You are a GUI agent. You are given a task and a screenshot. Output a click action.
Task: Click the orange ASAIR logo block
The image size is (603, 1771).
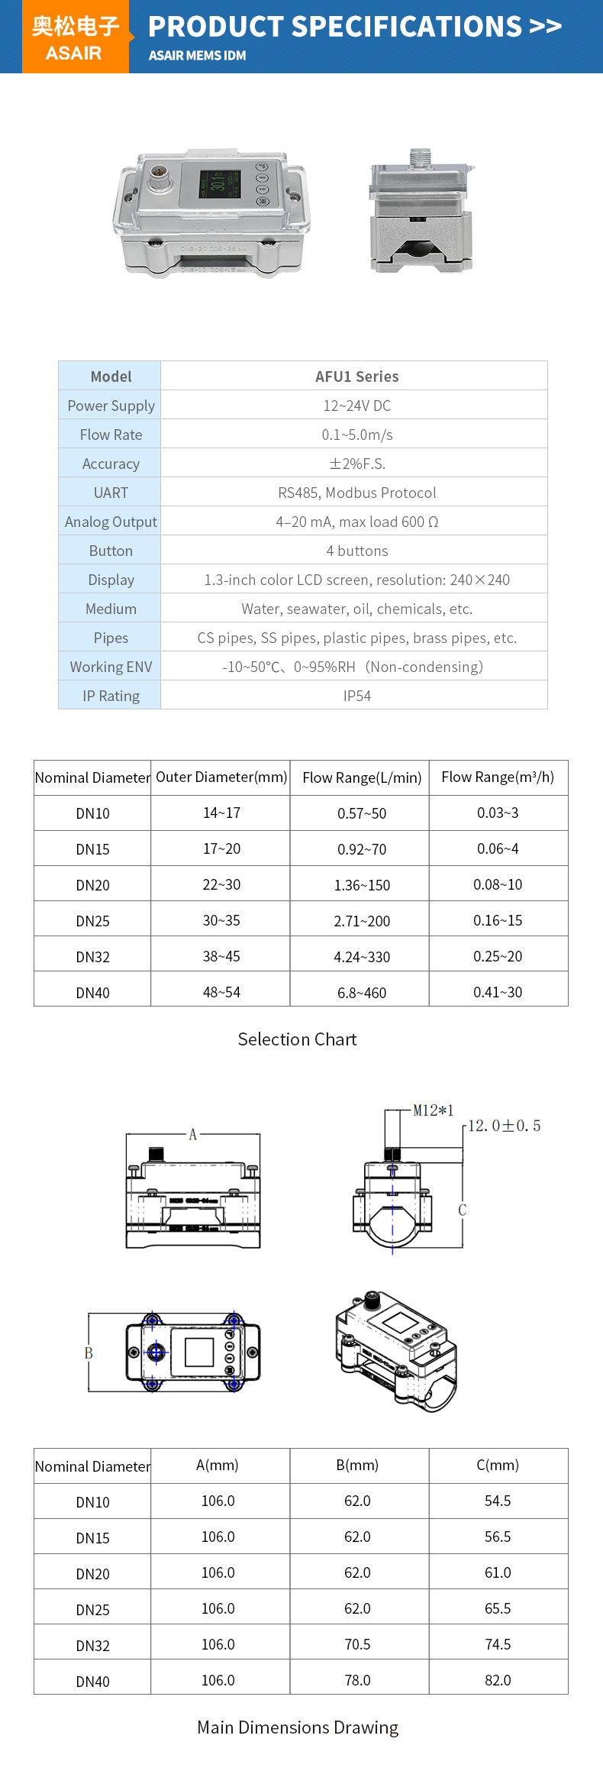click(x=75, y=37)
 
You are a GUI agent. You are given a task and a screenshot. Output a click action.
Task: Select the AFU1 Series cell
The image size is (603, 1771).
click(x=356, y=376)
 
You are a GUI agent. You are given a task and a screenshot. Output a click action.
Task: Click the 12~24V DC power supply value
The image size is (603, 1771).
click(x=356, y=406)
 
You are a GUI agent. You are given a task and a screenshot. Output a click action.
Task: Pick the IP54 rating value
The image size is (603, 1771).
click(x=356, y=696)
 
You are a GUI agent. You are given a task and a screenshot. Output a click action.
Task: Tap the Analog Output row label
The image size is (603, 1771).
click(x=111, y=522)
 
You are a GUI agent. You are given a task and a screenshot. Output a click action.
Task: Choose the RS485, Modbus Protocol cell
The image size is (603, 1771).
click(x=356, y=493)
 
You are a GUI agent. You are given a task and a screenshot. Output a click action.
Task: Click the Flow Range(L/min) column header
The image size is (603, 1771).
click(x=362, y=777)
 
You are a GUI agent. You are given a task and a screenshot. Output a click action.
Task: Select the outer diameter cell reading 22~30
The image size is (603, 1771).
click(x=221, y=884)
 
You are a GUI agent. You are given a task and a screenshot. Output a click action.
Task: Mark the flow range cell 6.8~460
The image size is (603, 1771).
click(x=362, y=993)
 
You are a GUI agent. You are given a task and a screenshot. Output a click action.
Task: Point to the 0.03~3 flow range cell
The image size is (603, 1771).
click(x=498, y=813)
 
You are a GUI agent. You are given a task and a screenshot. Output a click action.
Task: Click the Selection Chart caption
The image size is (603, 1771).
click(x=297, y=1039)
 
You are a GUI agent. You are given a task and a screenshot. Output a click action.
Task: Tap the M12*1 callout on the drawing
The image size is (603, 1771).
click(x=433, y=1110)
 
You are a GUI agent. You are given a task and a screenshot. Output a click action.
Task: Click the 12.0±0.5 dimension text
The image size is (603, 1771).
click(x=504, y=1126)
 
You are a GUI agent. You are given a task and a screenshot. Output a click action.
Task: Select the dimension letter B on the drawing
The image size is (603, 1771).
click(x=89, y=1353)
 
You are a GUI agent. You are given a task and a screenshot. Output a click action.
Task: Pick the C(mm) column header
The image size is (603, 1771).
click(x=498, y=1465)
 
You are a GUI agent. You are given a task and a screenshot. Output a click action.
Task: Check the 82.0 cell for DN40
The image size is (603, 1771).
click(x=498, y=1680)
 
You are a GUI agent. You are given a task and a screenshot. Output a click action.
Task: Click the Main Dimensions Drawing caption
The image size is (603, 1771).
click(x=298, y=1727)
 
